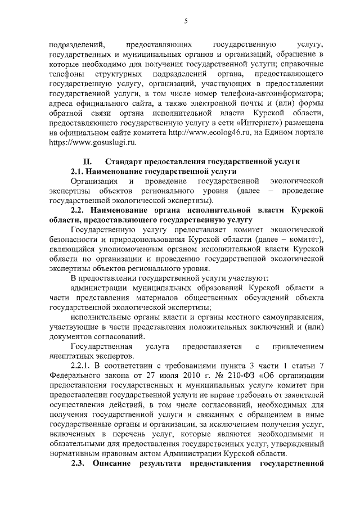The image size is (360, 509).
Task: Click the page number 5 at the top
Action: pos(186,21)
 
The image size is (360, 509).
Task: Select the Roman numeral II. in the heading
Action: pos(88,161)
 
